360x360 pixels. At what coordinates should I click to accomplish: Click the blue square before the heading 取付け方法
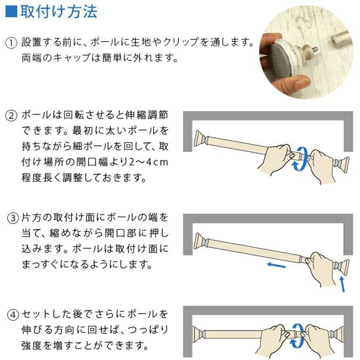pos(11,11)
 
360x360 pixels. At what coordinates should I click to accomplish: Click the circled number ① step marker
pos(10,43)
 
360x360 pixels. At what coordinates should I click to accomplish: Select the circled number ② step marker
pos(10,116)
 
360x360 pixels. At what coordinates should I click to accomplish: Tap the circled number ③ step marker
pos(12,218)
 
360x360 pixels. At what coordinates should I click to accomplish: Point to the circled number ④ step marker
pos(12,315)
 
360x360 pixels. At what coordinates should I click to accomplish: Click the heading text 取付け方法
pos(59,12)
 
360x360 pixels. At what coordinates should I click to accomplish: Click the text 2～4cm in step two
pos(149,162)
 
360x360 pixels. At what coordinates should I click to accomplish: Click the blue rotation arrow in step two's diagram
pos(300,159)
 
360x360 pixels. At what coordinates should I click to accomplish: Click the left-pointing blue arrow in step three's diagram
pos(276,265)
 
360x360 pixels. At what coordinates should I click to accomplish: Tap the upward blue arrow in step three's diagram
pos(342,284)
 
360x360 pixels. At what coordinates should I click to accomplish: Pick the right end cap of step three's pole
pos(342,266)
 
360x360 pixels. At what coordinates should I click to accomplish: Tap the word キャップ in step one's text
pos(72,58)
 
